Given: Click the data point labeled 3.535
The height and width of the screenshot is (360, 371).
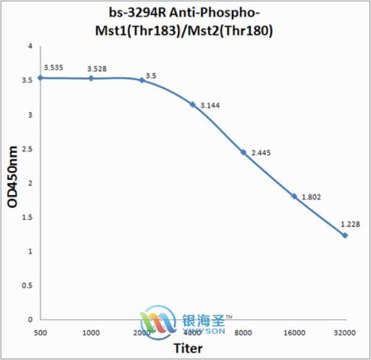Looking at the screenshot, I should point(40,77).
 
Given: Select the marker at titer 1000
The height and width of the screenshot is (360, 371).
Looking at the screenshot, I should point(91,78).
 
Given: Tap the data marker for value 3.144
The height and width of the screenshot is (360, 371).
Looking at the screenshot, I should point(192,104).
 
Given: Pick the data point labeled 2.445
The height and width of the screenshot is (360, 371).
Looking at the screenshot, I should point(243,152).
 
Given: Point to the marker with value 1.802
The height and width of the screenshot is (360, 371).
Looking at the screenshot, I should point(294,196).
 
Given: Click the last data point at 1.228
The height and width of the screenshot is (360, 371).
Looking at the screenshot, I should point(345,235).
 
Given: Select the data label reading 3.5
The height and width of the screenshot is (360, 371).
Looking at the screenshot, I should point(151,76).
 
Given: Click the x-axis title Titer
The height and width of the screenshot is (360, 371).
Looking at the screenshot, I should point(188,348).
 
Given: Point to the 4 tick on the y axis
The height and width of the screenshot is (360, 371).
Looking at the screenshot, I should point(29,47).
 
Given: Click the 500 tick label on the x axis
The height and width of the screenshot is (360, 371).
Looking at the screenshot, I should point(40,332).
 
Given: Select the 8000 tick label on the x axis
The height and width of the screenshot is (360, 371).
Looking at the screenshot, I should point(244,332).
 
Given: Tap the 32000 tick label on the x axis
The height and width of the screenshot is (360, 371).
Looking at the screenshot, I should point(345,332).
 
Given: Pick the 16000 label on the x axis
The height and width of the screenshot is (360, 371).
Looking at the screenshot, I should point(294,332).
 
